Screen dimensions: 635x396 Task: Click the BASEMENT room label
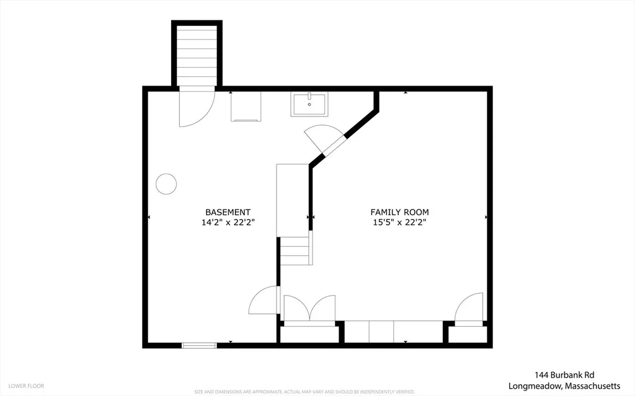pos(228,212)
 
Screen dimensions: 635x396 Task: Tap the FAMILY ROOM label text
pos(399,212)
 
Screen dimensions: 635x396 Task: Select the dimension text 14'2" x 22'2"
pos(228,222)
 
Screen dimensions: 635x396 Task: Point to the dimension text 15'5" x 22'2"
pos(399,222)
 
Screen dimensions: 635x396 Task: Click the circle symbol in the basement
pos(166,184)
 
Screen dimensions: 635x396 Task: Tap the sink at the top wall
pos(309,104)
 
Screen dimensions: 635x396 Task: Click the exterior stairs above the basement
pos(197,56)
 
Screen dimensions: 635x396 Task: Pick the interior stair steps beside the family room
pos(296,250)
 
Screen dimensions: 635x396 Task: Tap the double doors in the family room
pos(309,310)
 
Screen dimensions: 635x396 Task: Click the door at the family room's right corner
pos(469,309)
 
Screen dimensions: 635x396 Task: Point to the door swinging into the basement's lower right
pos(264,300)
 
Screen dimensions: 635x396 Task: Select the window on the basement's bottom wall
pos(199,345)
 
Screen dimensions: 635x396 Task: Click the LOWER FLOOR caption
pos(26,386)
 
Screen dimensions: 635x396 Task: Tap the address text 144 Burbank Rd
pos(564,376)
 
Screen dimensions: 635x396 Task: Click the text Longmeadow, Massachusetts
pos(564,386)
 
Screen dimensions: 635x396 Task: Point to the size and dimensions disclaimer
pos(304,392)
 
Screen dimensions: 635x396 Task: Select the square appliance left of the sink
pos(246,107)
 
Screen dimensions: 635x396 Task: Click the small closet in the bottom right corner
pos(468,335)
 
